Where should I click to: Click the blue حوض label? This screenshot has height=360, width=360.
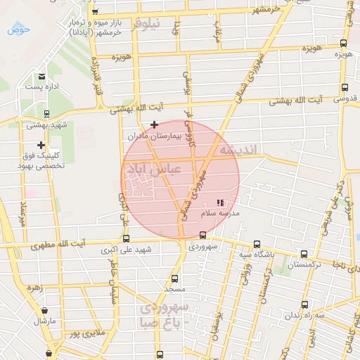tap(18, 30)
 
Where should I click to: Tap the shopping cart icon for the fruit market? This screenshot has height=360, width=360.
tap(95, 11)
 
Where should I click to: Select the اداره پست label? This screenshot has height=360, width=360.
tap(41, 86)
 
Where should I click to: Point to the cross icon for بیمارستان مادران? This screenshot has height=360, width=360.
tap(154, 124)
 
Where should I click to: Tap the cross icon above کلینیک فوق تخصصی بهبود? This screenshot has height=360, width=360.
tap(41, 145)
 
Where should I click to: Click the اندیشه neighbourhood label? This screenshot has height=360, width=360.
tap(240, 150)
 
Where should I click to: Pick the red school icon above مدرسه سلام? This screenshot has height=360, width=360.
tap(219, 202)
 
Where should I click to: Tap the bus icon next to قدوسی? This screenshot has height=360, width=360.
tap(344, 88)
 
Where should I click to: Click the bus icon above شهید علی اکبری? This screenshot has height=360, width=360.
tap(126, 238)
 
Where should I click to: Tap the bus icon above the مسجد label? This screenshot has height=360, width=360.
tap(174, 278)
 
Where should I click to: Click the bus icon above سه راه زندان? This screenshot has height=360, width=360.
tap(304, 304)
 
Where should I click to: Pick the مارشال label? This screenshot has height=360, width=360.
tap(44, 321)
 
